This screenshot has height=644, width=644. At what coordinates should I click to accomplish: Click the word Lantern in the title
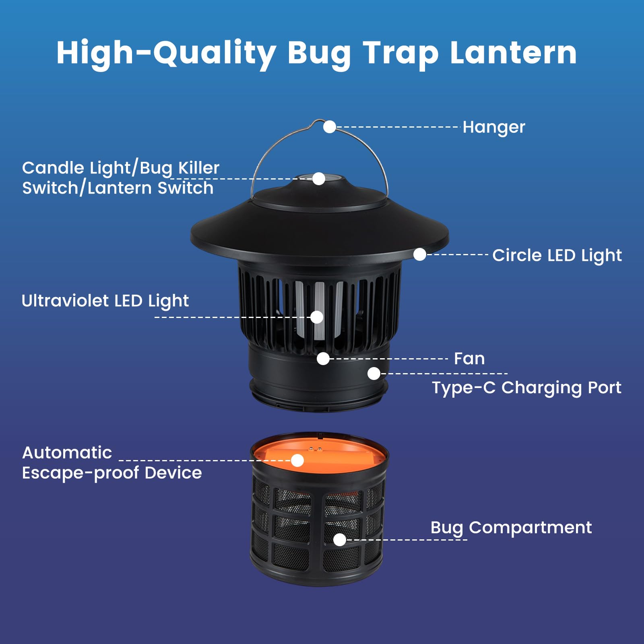(x=514, y=53)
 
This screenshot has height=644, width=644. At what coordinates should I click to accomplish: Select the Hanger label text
(x=494, y=128)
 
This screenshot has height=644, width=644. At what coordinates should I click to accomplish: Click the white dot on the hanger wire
(x=330, y=127)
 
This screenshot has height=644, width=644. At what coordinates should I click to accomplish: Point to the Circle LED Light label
(x=557, y=256)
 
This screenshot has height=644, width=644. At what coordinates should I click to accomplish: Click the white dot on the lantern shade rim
(x=420, y=254)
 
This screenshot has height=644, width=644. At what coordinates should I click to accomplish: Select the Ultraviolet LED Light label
(x=105, y=301)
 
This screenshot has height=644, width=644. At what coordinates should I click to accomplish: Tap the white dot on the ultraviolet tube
(x=317, y=317)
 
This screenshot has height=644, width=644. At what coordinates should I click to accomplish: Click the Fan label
(x=469, y=359)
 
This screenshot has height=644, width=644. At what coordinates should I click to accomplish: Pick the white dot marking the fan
(x=323, y=359)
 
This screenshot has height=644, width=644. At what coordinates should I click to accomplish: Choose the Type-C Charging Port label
(x=526, y=388)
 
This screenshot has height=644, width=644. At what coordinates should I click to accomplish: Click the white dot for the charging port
(x=374, y=374)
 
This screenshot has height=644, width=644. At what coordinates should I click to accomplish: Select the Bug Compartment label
(x=511, y=528)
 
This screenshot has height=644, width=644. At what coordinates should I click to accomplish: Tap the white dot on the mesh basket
(x=340, y=540)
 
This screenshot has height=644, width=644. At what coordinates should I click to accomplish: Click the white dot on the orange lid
(x=297, y=460)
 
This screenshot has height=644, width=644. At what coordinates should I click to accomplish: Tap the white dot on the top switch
(x=319, y=179)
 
